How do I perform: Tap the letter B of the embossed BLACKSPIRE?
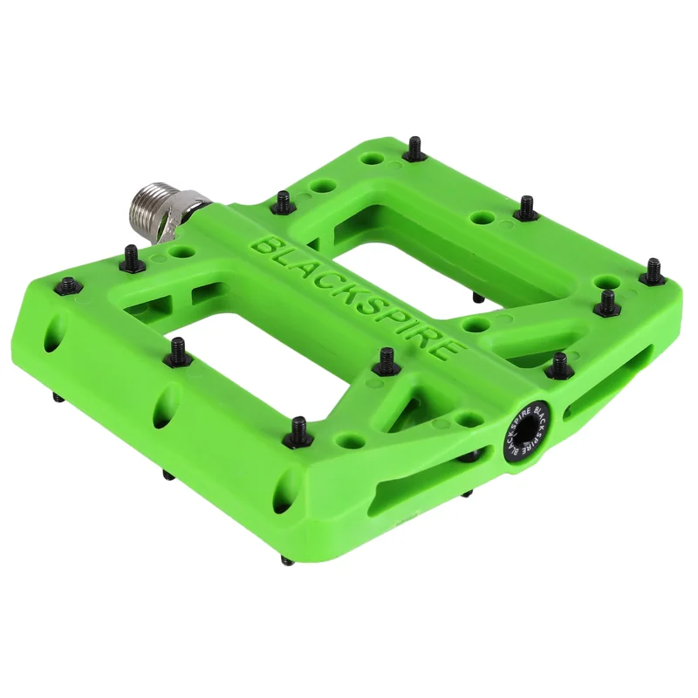click(x=263, y=246)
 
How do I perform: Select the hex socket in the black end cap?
click(x=525, y=431)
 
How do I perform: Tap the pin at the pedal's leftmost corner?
click(x=69, y=285)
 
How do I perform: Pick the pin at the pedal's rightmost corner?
click(x=653, y=270)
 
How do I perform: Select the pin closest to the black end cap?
click(x=559, y=366)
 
